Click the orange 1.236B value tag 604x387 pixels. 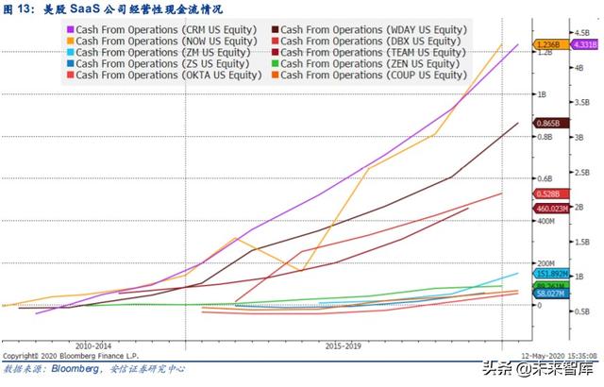point(548,44)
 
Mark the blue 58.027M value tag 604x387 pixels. point(552,294)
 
